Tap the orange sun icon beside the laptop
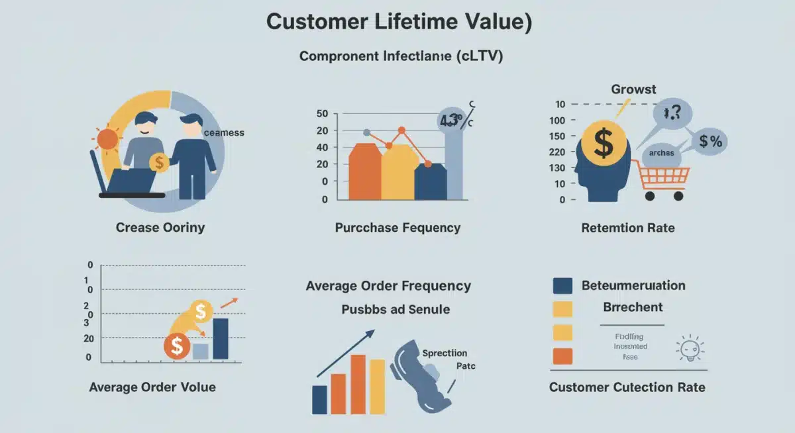click(x=107, y=139)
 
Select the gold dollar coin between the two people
click(x=159, y=162)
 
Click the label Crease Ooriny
click(x=160, y=228)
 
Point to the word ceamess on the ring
click(x=223, y=132)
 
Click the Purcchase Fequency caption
click(x=397, y=228)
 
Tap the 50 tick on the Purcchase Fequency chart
click(x=323, y=114)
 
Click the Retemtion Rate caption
click(x=627, y=228)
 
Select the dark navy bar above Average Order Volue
click(x=220, y=338)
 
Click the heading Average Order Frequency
click(x=388, y=286)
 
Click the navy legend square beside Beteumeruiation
click(x=562, y=285)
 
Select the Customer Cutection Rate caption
click(x=627, y=387)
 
